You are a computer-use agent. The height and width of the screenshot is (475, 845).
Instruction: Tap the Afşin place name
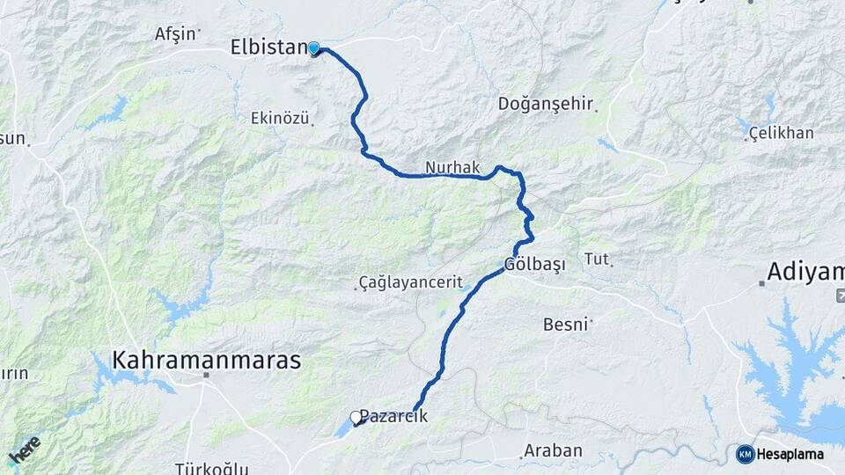[174, 34]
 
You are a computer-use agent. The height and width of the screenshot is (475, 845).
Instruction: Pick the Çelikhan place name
[781, 133]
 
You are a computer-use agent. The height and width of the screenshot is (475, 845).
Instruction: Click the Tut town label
[597, 259]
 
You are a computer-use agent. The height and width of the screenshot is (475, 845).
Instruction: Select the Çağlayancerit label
[410, 282]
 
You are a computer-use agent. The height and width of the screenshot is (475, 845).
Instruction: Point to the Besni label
[564, 325]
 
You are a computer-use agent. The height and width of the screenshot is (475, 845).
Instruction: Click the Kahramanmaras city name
[207, 360]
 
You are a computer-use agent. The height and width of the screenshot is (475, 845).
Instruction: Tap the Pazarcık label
[394, 417]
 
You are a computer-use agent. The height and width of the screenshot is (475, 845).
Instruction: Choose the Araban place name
[553, 450]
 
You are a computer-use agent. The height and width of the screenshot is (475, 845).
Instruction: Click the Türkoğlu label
[211, 468]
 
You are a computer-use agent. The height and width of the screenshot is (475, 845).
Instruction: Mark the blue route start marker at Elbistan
[313, 49]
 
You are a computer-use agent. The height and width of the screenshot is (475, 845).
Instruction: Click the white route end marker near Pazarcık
[356, 418]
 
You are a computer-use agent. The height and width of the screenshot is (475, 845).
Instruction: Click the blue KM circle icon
[745, 454]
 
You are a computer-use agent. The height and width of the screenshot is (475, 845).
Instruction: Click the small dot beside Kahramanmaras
[206, 376]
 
